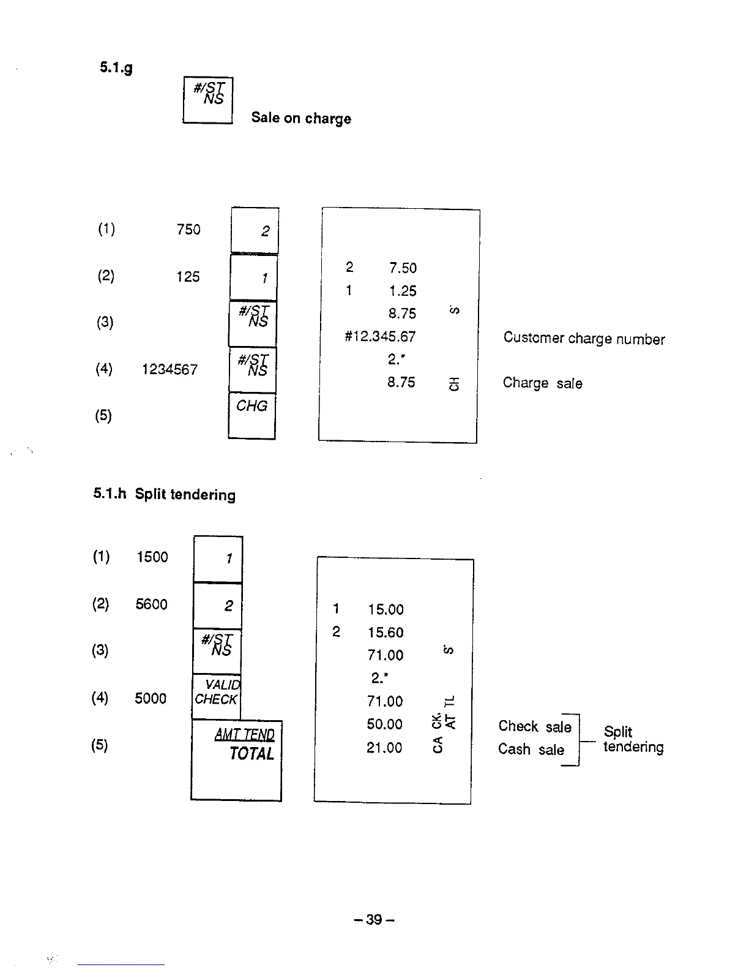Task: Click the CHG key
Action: pos(252,416)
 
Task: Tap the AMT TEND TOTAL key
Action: pos(237,760)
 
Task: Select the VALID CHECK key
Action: pos(217,696)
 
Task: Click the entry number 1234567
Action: pos(170,369)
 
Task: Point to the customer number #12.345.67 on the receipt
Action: pos(380,336)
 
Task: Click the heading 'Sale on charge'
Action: pos(301,118)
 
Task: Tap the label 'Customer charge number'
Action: pos(584,339)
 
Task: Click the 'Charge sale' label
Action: pos(542,383)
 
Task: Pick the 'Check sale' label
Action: pos(534,726)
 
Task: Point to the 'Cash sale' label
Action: pos(531,749)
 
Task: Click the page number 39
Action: pos(374,919)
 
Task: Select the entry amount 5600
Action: pos(151,604)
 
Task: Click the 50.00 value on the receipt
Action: pos(384,724)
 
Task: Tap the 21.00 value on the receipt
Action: pos(384,748)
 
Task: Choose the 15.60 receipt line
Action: pos(386,633)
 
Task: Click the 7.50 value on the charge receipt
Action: pos(403,268)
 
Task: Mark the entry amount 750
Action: pos(188,229)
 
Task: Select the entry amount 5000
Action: pos(151,699)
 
